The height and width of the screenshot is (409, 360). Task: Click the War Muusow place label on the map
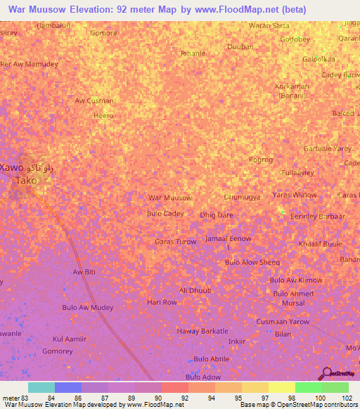169,198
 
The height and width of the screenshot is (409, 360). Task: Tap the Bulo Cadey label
165,214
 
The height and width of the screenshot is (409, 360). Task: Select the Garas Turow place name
175,242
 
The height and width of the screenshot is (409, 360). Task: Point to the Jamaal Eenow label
228,239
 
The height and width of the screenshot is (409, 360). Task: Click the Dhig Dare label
217,215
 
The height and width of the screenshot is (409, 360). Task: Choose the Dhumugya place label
241,197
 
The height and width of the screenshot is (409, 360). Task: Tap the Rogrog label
260,160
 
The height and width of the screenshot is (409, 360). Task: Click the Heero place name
103,115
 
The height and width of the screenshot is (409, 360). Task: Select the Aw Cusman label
94,100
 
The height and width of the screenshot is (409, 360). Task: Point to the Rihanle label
193,53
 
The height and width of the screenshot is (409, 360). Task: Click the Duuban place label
239,47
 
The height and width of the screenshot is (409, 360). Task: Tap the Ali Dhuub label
195,290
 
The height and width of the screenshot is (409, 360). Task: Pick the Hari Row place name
162,302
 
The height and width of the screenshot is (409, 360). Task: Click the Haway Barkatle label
202,331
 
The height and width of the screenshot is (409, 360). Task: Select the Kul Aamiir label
70,338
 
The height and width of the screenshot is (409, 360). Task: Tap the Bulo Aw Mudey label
88,308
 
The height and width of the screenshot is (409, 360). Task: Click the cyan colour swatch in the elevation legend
41,387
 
